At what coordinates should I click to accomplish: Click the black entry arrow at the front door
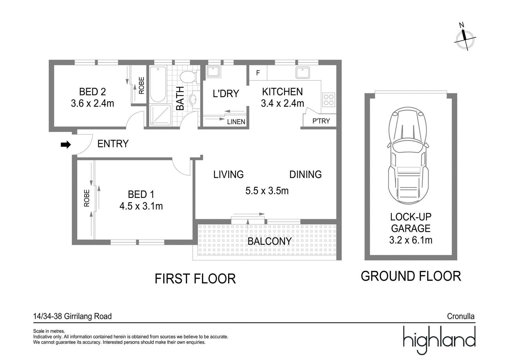(x=66, y=145)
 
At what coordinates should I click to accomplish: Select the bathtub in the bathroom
(x=158, y=84)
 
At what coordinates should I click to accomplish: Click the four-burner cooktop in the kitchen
(x=329, y=100)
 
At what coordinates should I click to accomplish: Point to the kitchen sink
(x=303, y=73)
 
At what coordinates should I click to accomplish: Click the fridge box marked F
(x=258, y=73)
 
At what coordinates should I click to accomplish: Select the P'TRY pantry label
(x=321, y=121)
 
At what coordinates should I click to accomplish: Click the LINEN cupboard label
(x=236, y=122)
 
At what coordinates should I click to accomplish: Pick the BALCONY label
(x=269, y=241)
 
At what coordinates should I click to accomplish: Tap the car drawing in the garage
(x=408, y=156)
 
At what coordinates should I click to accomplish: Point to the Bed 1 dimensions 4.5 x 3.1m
(x=141, y=206)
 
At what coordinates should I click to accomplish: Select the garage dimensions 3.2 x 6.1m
(x=411, y=240)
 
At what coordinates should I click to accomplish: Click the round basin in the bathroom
(x=193, y=99)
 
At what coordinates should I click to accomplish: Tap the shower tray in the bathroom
(x=160, y=115)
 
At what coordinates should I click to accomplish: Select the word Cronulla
(x=461, y=316)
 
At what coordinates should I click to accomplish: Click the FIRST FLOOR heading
(x=195, y=279)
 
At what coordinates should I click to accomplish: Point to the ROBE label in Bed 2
(x=141, y=86)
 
